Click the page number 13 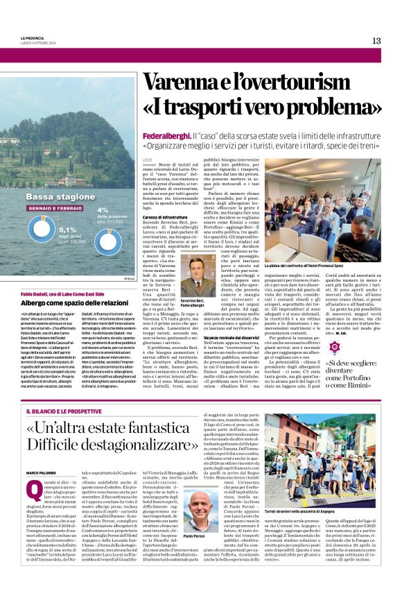(376, 40)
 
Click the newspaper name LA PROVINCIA (32, 37)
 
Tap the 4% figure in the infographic (103, 210)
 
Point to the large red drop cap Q (34, 491)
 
